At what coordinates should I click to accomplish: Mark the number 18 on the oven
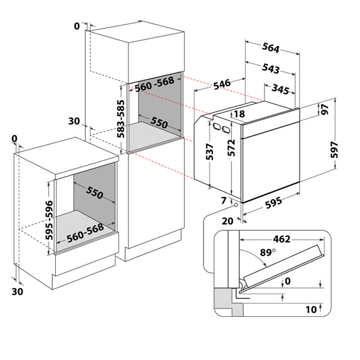240,114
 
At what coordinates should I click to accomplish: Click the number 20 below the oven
227,220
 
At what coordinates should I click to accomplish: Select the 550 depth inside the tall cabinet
159,122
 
